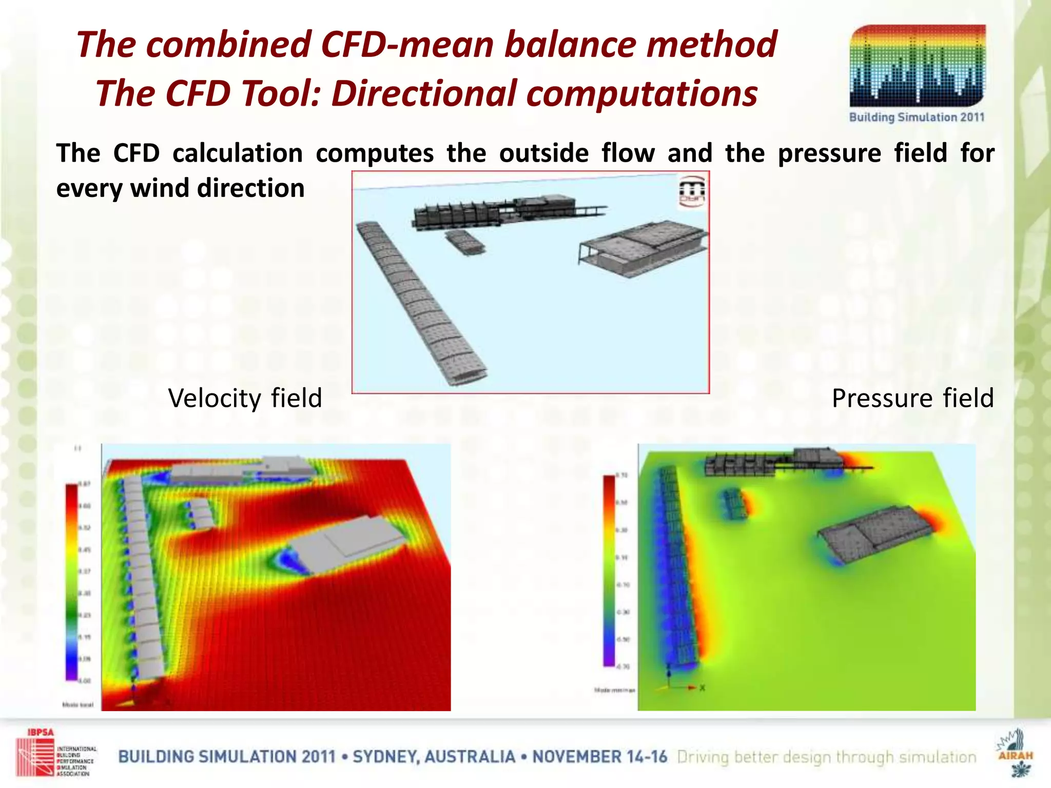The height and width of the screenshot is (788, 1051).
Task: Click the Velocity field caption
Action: tap(245, 398)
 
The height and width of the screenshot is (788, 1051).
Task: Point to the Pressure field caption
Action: tap(912, 398)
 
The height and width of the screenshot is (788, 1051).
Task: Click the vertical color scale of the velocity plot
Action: tap(71, 582)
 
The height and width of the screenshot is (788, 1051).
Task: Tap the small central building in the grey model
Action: tap(465, 241)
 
